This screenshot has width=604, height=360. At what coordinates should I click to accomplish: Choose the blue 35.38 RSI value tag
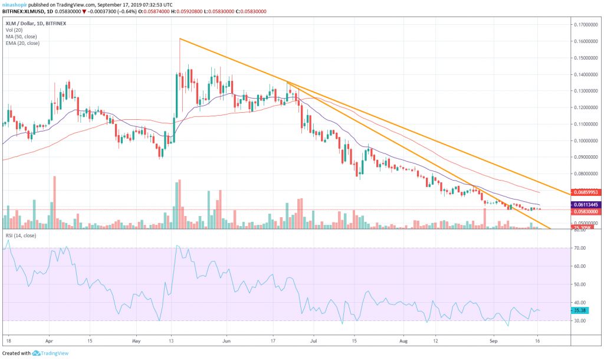point(580,309)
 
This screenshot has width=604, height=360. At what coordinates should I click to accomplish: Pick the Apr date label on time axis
point(50,341)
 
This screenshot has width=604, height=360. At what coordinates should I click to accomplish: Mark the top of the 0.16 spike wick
point(179,39)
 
